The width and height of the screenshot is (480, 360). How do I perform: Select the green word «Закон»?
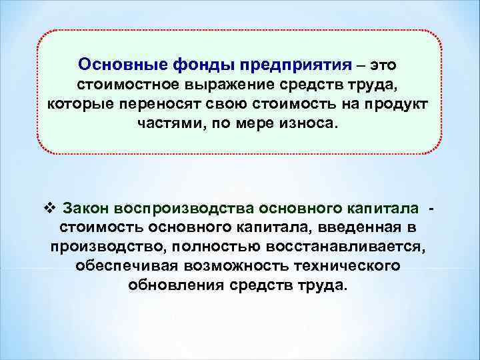click(x=86, y=207)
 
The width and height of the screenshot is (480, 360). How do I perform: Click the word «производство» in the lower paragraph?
click(x=107, y=247)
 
